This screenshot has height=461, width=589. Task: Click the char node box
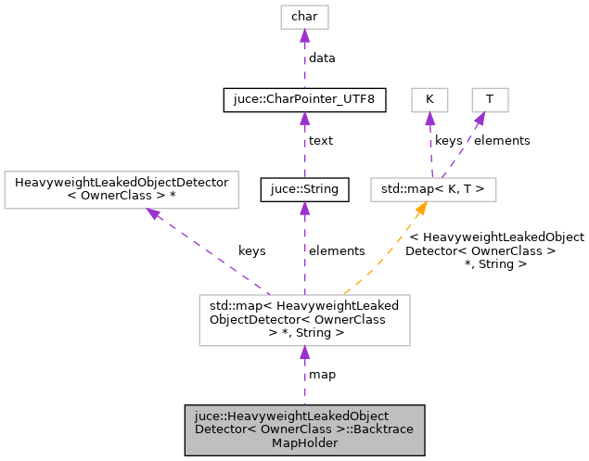pos(305,17)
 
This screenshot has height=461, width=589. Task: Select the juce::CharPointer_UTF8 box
pos(305,99)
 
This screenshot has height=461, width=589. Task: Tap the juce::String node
pos(305,190)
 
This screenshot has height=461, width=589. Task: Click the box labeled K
pos(429,99)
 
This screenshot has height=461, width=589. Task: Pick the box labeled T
pos(490,99)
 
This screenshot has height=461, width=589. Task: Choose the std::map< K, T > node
pos(433,190)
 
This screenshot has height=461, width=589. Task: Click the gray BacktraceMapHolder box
pos(305,430)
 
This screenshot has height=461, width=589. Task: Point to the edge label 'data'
pos(322,58)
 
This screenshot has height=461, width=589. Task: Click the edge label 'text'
pos(320,141)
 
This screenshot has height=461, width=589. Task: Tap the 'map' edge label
pos(322,375)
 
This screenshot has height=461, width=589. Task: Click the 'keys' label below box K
pos(449,141)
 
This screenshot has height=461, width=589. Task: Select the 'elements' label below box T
pos(502,141)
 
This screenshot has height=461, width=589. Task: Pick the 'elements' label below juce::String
pos(337,250)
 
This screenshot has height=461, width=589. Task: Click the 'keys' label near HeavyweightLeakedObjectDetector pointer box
pos(251,250)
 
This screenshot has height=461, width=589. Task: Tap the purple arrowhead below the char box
pos(305,36)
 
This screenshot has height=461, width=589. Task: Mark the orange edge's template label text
pos(496,250)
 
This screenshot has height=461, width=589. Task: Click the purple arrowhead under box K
pos(429,119)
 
